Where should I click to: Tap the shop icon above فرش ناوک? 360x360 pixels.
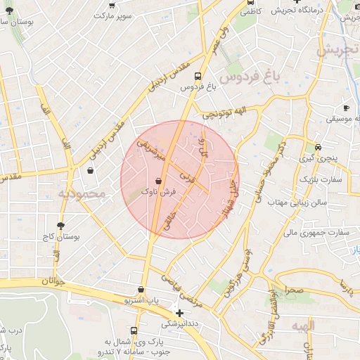[x=158, y=180]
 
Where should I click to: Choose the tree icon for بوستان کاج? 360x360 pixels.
[x=60, y=226]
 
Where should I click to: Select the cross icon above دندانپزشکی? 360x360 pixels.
[x=180, y=313]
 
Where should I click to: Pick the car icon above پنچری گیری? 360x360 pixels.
[x=319, y=148]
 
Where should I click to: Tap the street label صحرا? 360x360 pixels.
[x=293, y=289]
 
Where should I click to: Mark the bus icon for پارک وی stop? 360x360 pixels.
[x=133, y=330]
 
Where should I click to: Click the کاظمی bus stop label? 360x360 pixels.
[x=271, y=12]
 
